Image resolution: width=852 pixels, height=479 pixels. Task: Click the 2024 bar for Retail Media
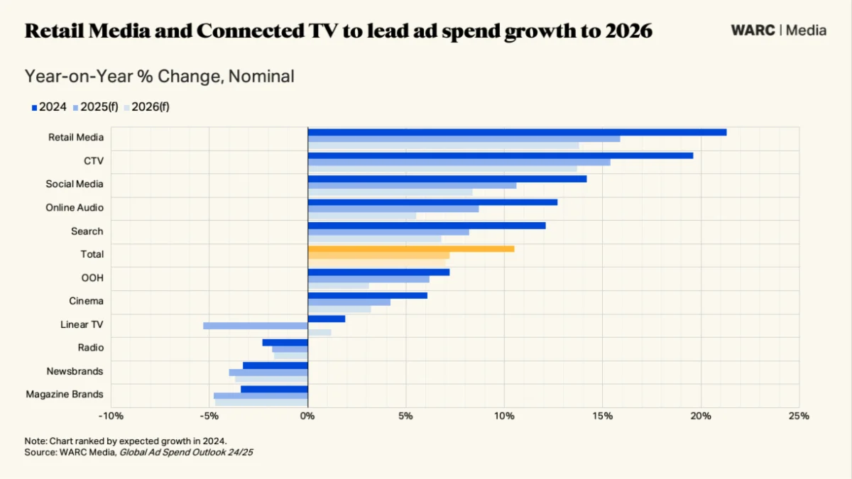coord(517,132)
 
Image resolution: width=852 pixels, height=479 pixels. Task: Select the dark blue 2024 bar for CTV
coord(500,155)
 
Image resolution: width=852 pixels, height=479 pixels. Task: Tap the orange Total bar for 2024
coord(410,248)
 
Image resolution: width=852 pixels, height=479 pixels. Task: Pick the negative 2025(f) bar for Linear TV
coord(255,326)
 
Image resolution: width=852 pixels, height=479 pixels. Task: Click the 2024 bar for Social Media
coord(447,179)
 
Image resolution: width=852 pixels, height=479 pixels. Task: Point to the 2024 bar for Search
coord(426,226)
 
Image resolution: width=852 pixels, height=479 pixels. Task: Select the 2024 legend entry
coord(49,107)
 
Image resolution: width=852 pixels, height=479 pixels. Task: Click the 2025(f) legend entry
coord(96,107)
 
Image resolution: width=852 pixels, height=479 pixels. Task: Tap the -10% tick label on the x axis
coord(111,416)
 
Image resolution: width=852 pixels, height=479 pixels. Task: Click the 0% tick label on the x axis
coord(307,416)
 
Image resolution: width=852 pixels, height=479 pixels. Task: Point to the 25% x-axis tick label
coord(799,416)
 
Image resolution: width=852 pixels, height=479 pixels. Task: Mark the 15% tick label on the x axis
coord(602,416)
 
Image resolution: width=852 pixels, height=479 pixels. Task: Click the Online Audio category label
coord(75,207)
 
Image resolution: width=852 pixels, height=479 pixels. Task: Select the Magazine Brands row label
coord(65,394)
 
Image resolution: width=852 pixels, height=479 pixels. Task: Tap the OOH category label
coord(92,277)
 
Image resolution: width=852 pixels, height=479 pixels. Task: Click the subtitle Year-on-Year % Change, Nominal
coord(159,77)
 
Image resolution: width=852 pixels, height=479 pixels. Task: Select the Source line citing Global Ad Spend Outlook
coord(138,451)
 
